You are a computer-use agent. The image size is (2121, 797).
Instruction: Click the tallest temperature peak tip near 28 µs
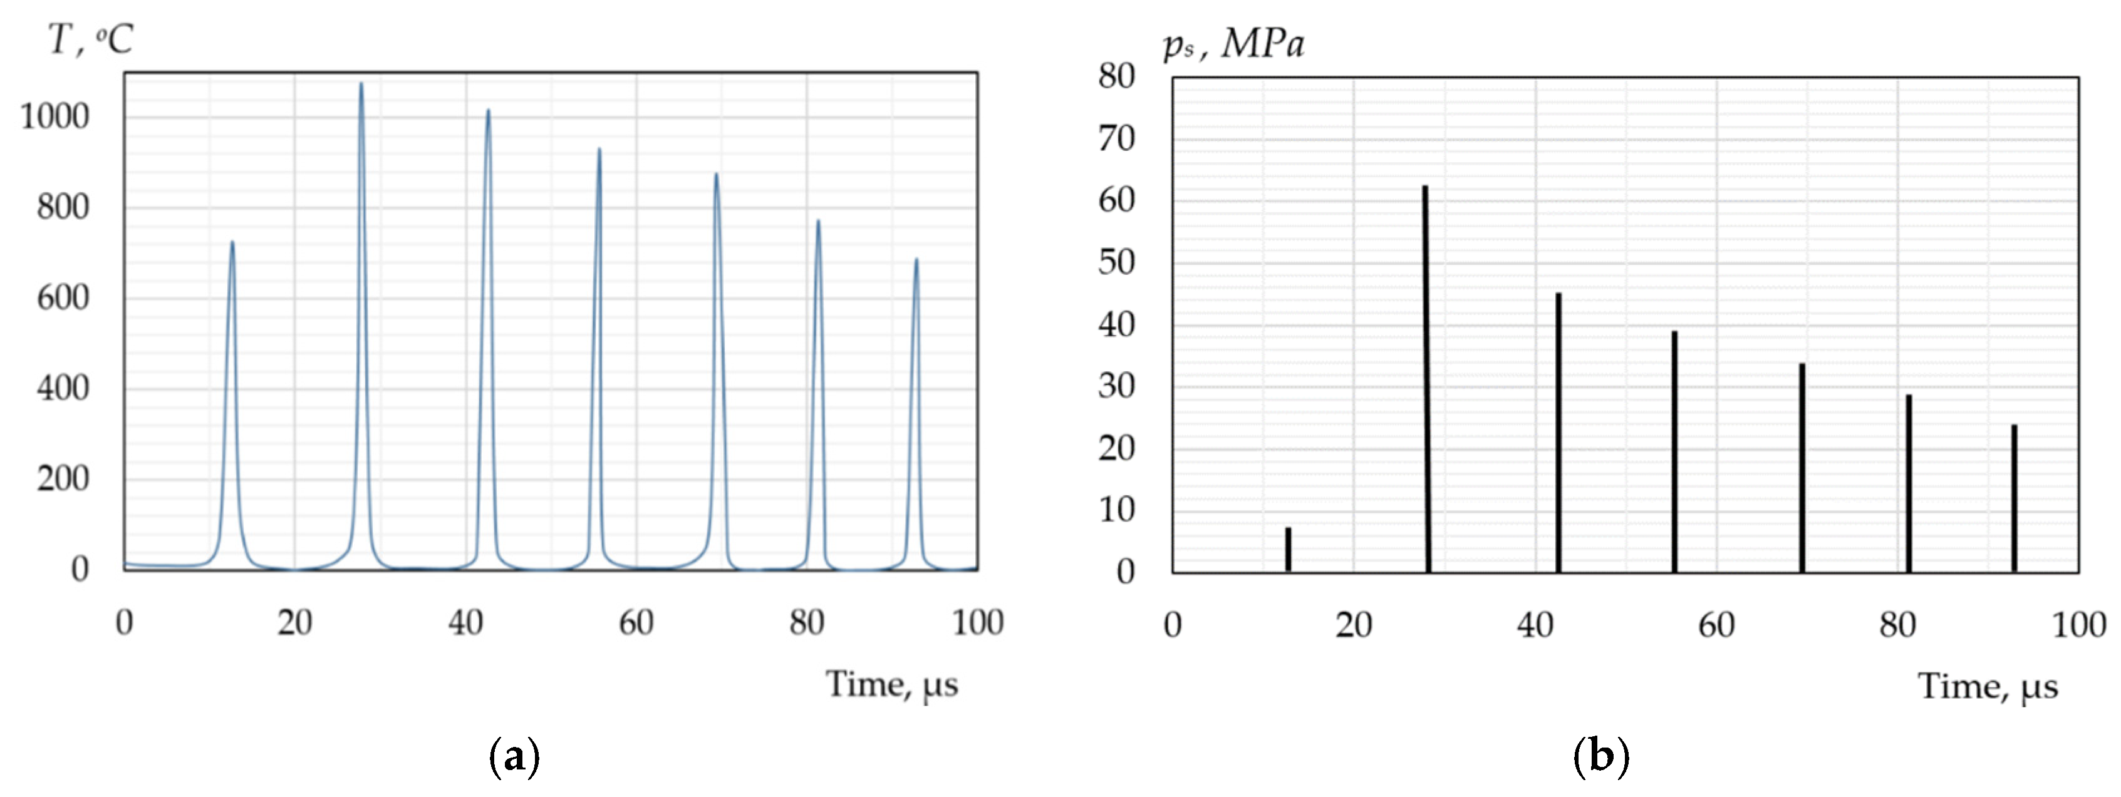(x=361, y=84)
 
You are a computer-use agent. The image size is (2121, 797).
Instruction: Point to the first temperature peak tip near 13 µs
(x=232, y=243)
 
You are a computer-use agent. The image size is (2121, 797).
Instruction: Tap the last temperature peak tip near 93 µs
(x=916, y=260)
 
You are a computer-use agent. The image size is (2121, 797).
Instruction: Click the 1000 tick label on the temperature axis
(x=54, y=117)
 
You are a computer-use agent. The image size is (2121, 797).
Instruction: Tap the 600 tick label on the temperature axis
(x=63, y=298)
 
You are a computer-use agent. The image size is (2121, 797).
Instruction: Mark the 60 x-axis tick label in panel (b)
(x=1717, y=625)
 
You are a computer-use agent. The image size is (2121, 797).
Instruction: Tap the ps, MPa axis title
(x=1233, y=44)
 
